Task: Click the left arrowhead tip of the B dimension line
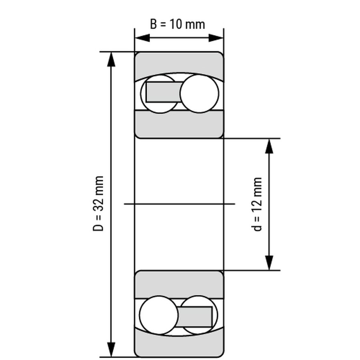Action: [135, 38]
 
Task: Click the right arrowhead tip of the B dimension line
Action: [223, 38]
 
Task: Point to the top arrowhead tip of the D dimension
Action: [111, 52]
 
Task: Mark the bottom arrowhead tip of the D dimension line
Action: [111, 357]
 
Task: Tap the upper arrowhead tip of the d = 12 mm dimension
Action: [269, 139]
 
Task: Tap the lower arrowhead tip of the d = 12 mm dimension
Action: [269, 270]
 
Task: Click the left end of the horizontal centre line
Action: [124, 204]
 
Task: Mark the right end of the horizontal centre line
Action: [235, 204]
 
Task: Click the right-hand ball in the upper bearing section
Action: [200, 94]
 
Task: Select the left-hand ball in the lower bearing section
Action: [159, 315]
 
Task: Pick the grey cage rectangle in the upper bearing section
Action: [164, 92]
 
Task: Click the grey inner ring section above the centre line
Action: [179, 124]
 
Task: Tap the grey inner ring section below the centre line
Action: [179, 285]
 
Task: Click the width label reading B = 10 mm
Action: [177, 24]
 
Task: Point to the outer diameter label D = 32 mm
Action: [98, 204]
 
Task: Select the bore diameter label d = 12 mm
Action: [258, 204]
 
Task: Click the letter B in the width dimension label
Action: [153, 24]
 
